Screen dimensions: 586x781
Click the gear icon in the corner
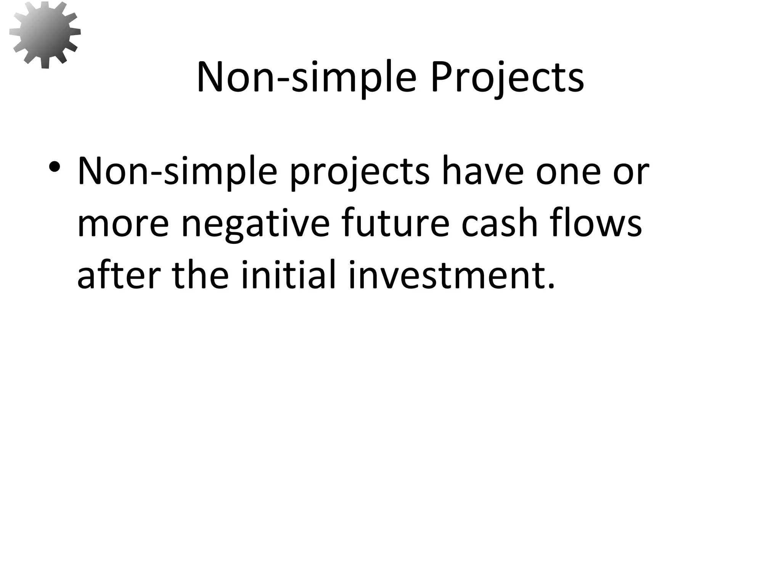[x=45, y=35]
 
